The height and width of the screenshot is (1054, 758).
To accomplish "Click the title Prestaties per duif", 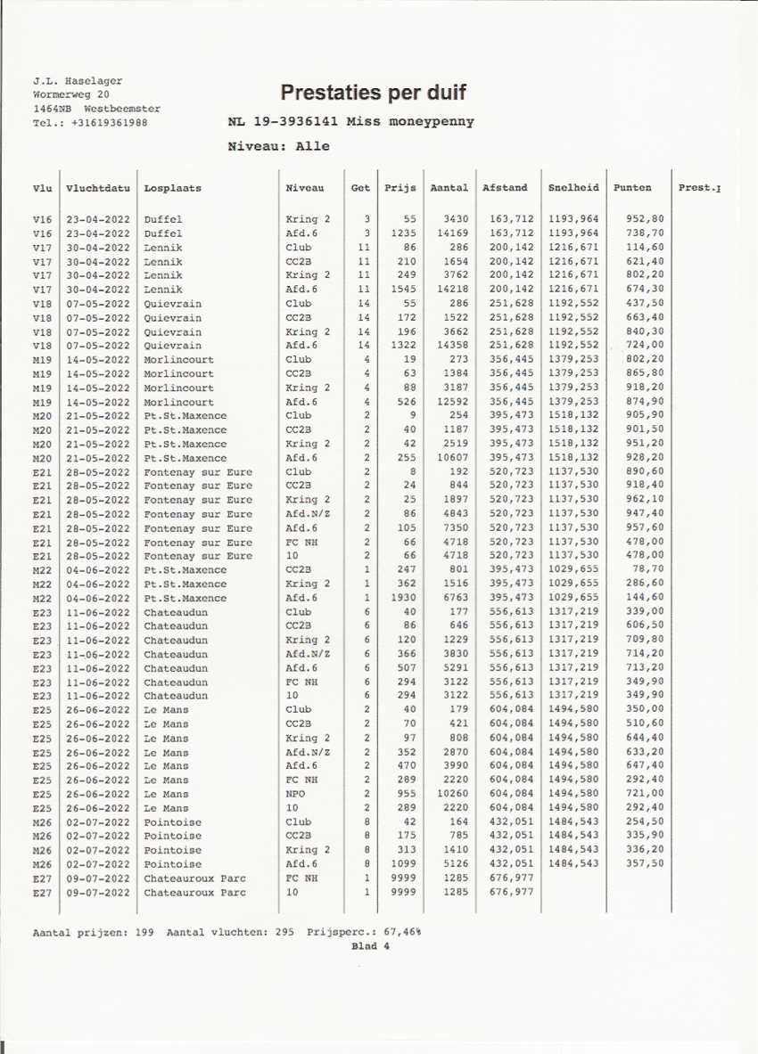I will click(x=373, y=93).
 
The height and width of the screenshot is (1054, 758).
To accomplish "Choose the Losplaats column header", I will click(x=173, y=188).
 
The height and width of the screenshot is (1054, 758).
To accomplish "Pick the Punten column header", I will click(x=632, y=188).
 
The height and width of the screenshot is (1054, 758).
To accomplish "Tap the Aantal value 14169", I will click(x=450, y=233).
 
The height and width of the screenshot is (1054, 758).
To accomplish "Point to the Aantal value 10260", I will click(x=450, y=794).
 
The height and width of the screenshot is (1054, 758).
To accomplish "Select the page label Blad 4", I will click(x=371, y=946).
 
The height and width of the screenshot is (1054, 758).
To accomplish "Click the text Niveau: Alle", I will click(x=279, y=146).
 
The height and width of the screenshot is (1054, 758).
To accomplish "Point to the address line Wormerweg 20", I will click(x=71, y=94).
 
